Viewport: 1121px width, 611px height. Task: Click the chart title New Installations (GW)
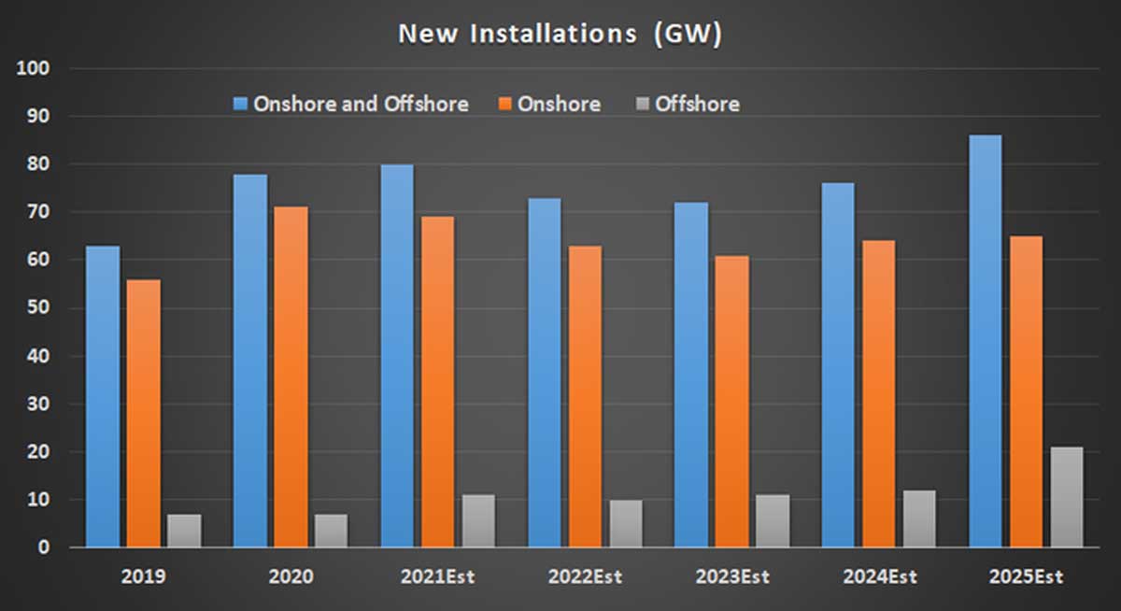pyautogui.click(x=560, y=34)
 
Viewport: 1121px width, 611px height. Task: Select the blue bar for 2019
pyautogui.click(x=103, y=396)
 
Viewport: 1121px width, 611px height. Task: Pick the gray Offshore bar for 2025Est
pyautogui.click(x=1067, y=497)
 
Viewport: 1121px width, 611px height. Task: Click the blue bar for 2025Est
pyautogui.click(x=985, y=341)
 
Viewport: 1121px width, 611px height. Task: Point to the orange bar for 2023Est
pyautogui.click(x=731, y=401)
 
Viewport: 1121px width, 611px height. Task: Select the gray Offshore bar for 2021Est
pyautogui.click(x=478, y=521)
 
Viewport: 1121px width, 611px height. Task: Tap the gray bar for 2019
pyautogui.click(x=184, y=531)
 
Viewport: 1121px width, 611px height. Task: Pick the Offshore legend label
pyautogui.click(x=697, y=104)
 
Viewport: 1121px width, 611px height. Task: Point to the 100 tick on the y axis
pyautogui.click(x=37, y=69)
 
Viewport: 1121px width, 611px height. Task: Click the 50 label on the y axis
pyautogui.click(x=42, y=308)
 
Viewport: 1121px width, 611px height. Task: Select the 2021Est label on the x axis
pyautogui.click(x=436, y=576)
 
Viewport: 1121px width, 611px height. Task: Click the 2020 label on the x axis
pyautogui.click(x=290, y=576)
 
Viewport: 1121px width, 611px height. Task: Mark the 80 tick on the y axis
pyautogui.click(x=42, y=164)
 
